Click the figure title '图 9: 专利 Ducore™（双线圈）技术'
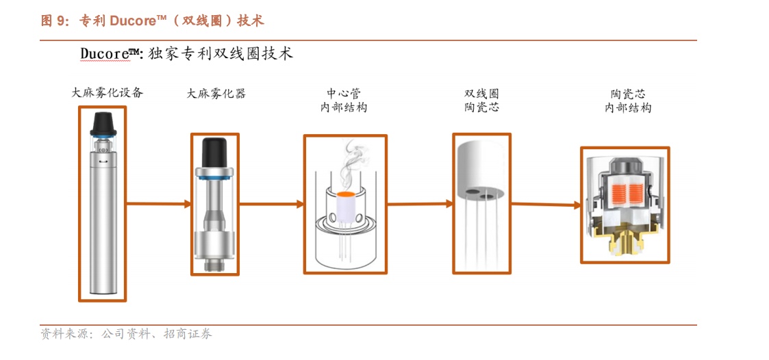(153, 21)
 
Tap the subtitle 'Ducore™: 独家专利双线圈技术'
(186, 53)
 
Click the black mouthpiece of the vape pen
(103, 123)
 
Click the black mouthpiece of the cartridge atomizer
(214, 151)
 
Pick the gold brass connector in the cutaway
(625, 241)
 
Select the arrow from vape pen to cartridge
(158, 203)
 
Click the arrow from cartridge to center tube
(271, 203)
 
